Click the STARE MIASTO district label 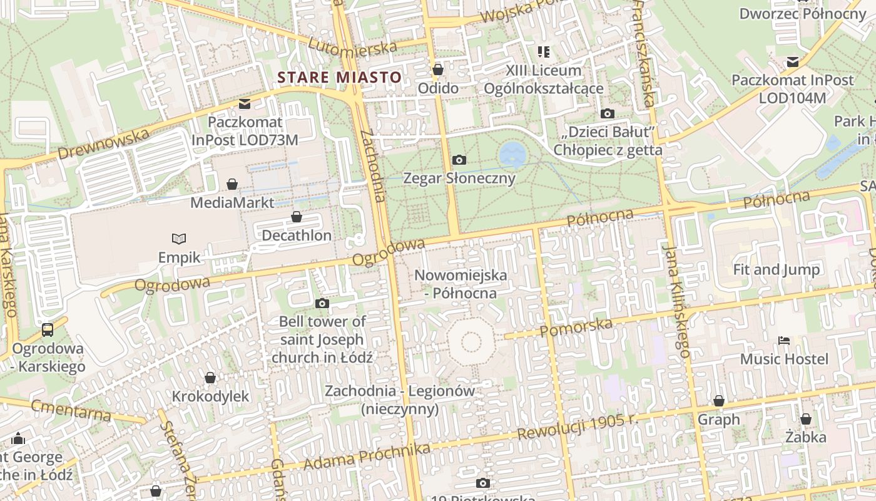[339, 78]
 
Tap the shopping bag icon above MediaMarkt [232, 184]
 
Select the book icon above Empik [179, 239]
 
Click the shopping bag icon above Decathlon [297, 217]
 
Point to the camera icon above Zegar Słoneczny [459, 160]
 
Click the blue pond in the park [512, 154]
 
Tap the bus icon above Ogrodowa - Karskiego [47, 329]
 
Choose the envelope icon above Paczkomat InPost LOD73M [244, 103]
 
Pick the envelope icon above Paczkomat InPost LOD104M [793, 62]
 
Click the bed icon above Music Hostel [784, 341]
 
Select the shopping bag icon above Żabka [806, 419]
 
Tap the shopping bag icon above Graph [719, 401]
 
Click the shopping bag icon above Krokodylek [210, 378]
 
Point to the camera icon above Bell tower [322, 304]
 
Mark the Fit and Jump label [777, 270]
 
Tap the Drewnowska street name [103, 144]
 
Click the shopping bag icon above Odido [438, 70]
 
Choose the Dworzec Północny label [802, 13]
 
